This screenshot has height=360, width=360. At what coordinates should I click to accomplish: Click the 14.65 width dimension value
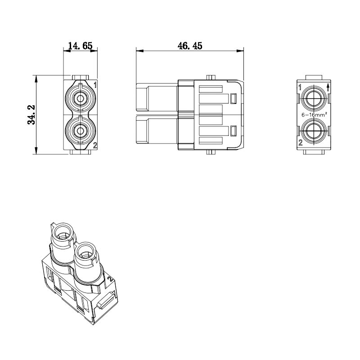pyautogui.click(x=81, y=46)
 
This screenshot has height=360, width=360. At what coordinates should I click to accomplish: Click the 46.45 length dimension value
pyautogui.click(x=190, y=46)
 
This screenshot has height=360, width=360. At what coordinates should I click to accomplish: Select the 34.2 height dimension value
pyautogui.click(x=31, y=115)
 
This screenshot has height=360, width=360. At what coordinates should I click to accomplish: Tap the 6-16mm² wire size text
pyautogui.click(x=314, y=114)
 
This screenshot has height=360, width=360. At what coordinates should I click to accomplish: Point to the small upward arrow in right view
pyautogui.click(x=328, y=87)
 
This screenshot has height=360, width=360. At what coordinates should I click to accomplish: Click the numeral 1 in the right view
pyautogui.click(x=300, y=87)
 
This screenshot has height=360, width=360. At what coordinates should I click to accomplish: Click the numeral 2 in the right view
pyautogui.click(x=301, y=143)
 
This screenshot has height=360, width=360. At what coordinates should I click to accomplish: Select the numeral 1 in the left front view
pyautogui.click(x=95, y=85)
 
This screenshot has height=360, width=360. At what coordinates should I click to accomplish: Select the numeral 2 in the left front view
pyautogui.click(x=95, y=145)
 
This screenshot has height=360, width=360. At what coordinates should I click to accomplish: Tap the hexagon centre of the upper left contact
pyautogui.click(x=80, y=99)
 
